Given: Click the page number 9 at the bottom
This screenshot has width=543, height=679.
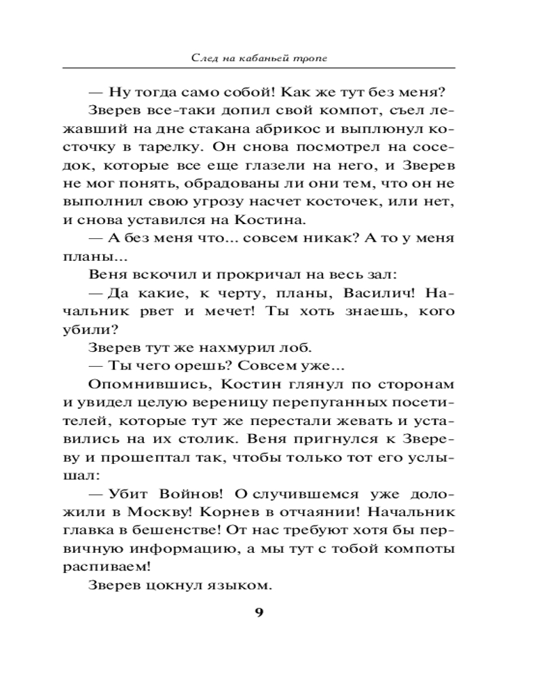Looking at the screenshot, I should [x=259, y=612].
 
